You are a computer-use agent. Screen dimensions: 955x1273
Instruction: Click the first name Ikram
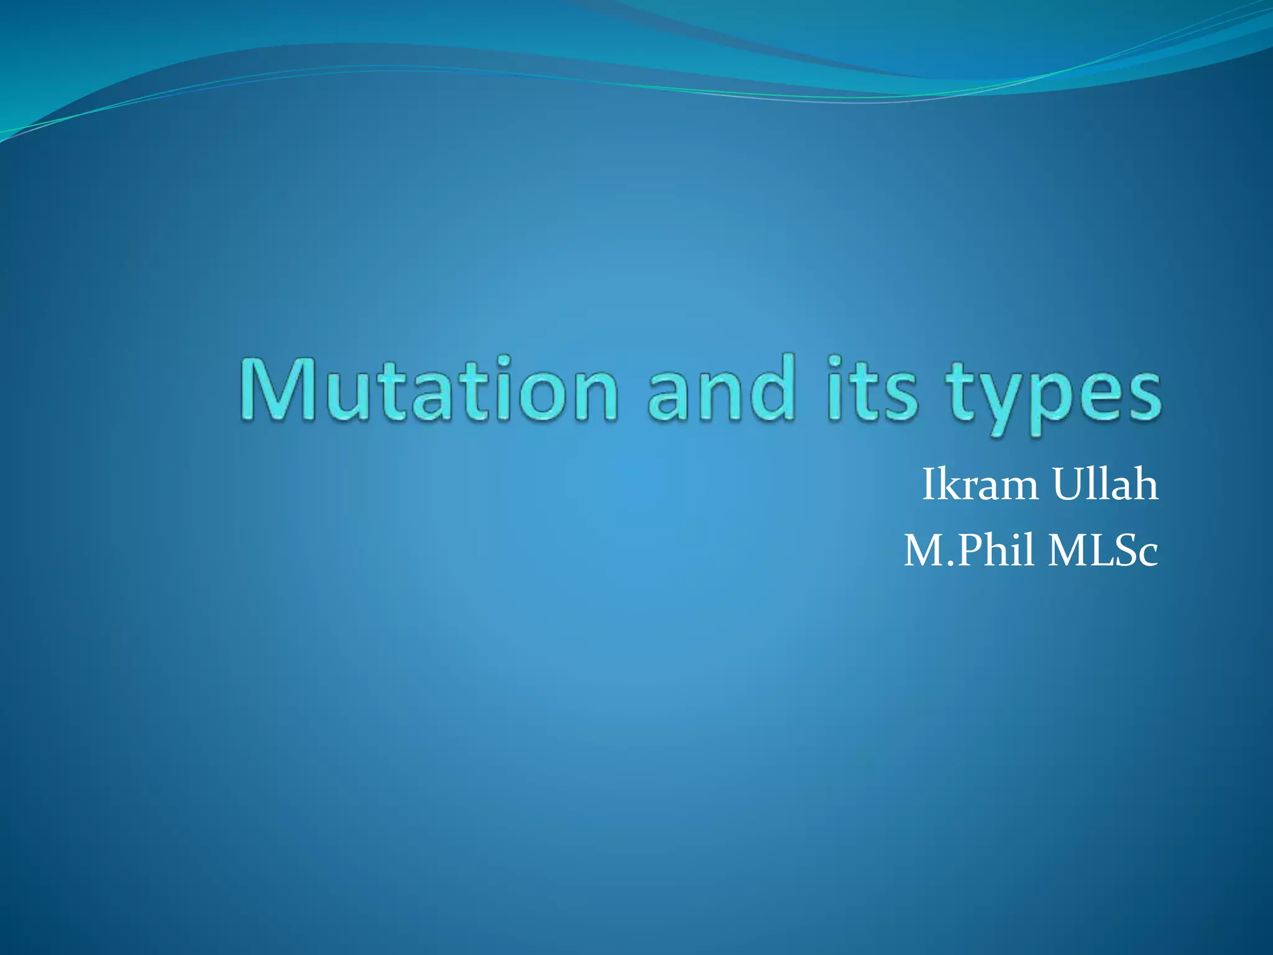pyautogui.click(x=980, y=485)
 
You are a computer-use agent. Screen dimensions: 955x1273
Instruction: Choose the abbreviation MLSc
pyautogui.click(x=1103, y=551)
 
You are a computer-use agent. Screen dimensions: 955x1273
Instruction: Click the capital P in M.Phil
pyautogui.click(x=970, y=551)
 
